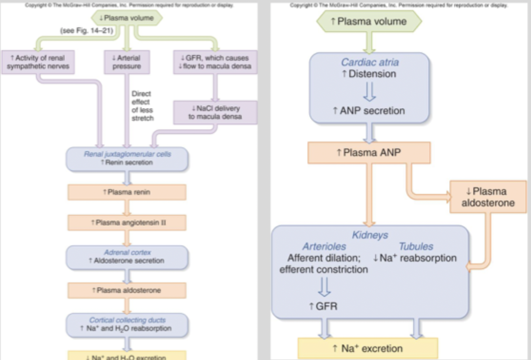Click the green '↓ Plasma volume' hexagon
tap(127, 18)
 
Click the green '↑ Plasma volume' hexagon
tap(369, 21)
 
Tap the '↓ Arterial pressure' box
tap(127, 62)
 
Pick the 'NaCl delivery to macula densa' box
tap(215, 112)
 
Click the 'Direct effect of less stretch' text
tap(142, 106)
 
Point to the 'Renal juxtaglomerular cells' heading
tap(127, 154)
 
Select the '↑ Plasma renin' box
tap(127, 192)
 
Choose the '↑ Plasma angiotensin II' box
tap(127, 222)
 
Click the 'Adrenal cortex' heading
tap(127, 252)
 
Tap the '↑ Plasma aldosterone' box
tap(127, 290)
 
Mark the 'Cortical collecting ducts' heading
tap(127, 320)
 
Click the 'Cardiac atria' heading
tap(369, 62)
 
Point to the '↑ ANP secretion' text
tap(369, 111)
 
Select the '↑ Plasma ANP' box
tap(369, 153)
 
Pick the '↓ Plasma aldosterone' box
tap(488, 197)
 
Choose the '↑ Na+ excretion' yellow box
tap(368, 348)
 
